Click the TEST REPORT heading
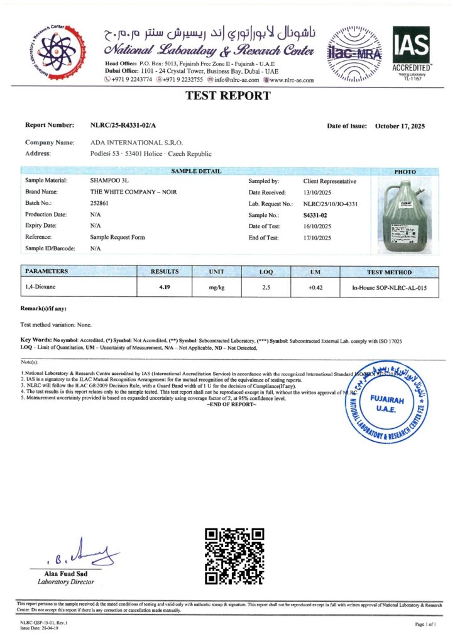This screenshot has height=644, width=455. (x=227, y=96)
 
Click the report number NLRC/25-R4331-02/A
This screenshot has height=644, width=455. (x=123, y=126)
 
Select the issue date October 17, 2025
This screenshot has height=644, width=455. (x=400, y=126)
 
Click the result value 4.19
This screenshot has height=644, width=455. (x=165, y=288)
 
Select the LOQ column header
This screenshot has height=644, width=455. (x=266, y=272)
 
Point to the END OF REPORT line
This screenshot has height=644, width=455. (x=231, y=404)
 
